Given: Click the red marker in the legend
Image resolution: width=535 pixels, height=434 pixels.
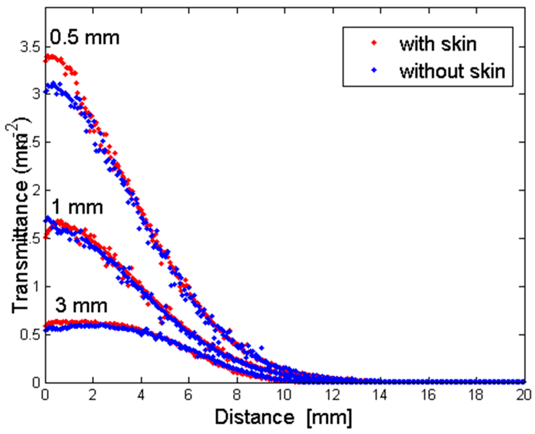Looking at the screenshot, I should tap(374, 43).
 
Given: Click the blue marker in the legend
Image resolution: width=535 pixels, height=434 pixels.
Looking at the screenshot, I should tap(374, 70).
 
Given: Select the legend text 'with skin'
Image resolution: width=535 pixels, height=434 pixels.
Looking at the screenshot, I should tap(438, 44).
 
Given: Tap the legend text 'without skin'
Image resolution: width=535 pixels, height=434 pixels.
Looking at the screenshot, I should tap(452, 71).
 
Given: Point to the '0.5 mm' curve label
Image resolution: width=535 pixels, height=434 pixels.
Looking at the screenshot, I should tap(85, 38).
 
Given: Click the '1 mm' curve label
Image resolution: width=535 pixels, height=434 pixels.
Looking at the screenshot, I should tap(77, 207).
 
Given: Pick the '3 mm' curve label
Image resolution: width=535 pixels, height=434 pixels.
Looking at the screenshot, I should tap(81, 306).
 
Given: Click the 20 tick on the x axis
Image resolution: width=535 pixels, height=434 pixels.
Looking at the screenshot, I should tap(524, 395).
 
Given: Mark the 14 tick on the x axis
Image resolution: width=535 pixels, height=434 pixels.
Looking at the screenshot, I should tap(380, 395).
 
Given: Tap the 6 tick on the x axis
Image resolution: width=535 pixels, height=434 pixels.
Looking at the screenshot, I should tap(189, 395).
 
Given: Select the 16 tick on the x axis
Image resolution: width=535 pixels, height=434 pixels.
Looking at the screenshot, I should tap(428, 395).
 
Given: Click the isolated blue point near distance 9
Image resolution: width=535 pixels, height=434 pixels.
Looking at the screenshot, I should tap(262, 348).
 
